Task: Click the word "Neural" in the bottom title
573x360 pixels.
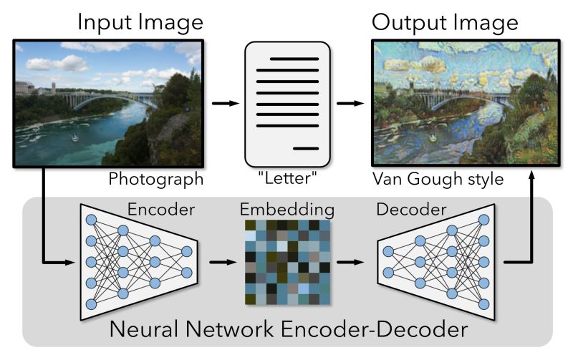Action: (x=143, y=331)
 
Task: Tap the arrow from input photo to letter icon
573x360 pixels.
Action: (x=226, y=104)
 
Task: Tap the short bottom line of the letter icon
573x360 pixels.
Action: (x=306, y=147)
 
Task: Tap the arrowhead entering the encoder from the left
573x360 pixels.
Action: (x=70, y=262)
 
